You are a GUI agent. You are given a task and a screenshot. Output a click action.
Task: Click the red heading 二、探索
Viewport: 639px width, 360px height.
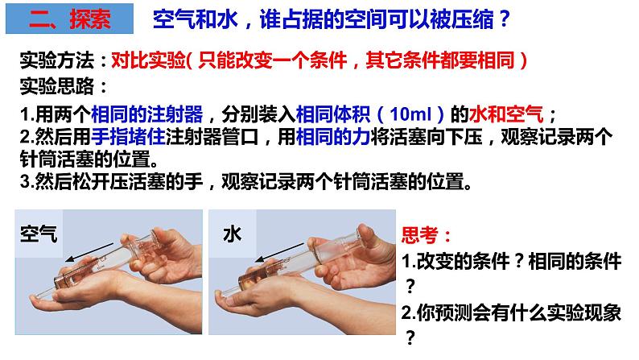point(69,19)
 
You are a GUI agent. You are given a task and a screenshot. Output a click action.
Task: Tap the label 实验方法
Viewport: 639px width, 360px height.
point(57,60)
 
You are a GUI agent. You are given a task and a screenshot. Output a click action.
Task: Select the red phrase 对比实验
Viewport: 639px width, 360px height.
point(148,60)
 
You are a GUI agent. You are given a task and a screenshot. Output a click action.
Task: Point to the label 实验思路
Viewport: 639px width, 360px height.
point(57,86)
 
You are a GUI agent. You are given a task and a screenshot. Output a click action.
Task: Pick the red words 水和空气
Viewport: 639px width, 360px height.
point(506,114)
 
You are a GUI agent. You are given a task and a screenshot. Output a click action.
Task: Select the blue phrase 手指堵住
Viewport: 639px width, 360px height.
point(128,136)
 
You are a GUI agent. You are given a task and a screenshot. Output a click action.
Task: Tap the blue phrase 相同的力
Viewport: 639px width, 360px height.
point(333,136)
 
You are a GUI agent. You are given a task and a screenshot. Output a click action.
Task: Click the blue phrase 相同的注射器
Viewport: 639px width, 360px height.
point(146,114)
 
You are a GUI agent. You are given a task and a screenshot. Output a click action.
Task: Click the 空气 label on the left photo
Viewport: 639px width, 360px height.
point(39,234)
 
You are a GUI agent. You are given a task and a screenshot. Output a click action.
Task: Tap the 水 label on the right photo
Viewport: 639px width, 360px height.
point(232,234)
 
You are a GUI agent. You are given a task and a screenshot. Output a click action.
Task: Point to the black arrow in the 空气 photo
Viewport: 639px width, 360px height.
point(89,252)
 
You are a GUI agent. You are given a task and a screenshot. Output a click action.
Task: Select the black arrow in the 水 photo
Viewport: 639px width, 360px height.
point(279,252)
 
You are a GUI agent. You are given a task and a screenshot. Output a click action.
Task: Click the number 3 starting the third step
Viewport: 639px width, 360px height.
point(24,181)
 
